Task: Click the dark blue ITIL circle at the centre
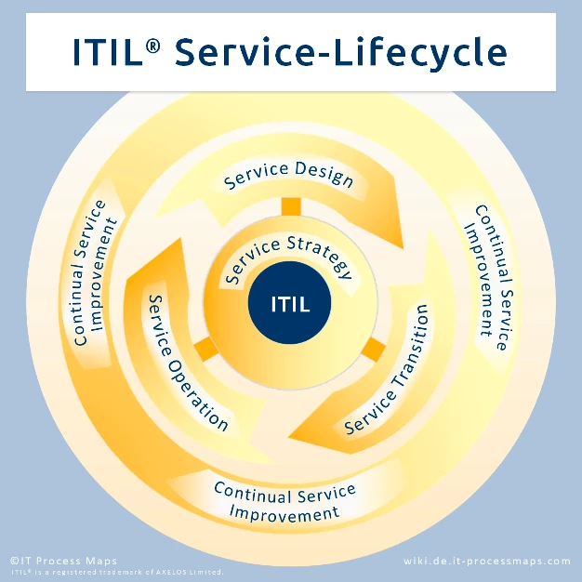pos(289,302)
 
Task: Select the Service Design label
pos(288,175)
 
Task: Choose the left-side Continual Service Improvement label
pos(95,272)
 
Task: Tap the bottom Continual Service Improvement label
pos(284,502)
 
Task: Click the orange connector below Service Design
pos(291,206)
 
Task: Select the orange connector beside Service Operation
pos(206,349)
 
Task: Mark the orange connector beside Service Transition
pos(374,349)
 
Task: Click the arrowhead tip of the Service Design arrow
pos(403,248)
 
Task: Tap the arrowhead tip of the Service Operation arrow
pos(181,239)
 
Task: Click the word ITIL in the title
pos(108,52)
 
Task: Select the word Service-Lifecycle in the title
pos(340,53)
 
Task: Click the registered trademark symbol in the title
pos(152,46)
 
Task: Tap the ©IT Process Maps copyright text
pos(63,561)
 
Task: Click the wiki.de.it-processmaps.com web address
pos(487,562)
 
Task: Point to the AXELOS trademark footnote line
pos(117,572)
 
